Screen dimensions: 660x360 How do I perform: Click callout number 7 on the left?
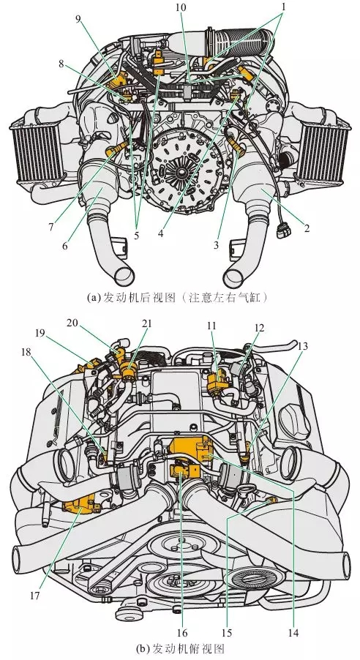50,227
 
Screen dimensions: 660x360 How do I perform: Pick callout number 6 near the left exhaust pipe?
66,247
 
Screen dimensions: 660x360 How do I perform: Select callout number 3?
217,246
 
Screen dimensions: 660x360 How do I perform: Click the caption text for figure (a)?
180,299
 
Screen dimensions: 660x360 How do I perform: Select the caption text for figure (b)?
180,649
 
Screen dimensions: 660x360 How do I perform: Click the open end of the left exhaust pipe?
124,276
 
